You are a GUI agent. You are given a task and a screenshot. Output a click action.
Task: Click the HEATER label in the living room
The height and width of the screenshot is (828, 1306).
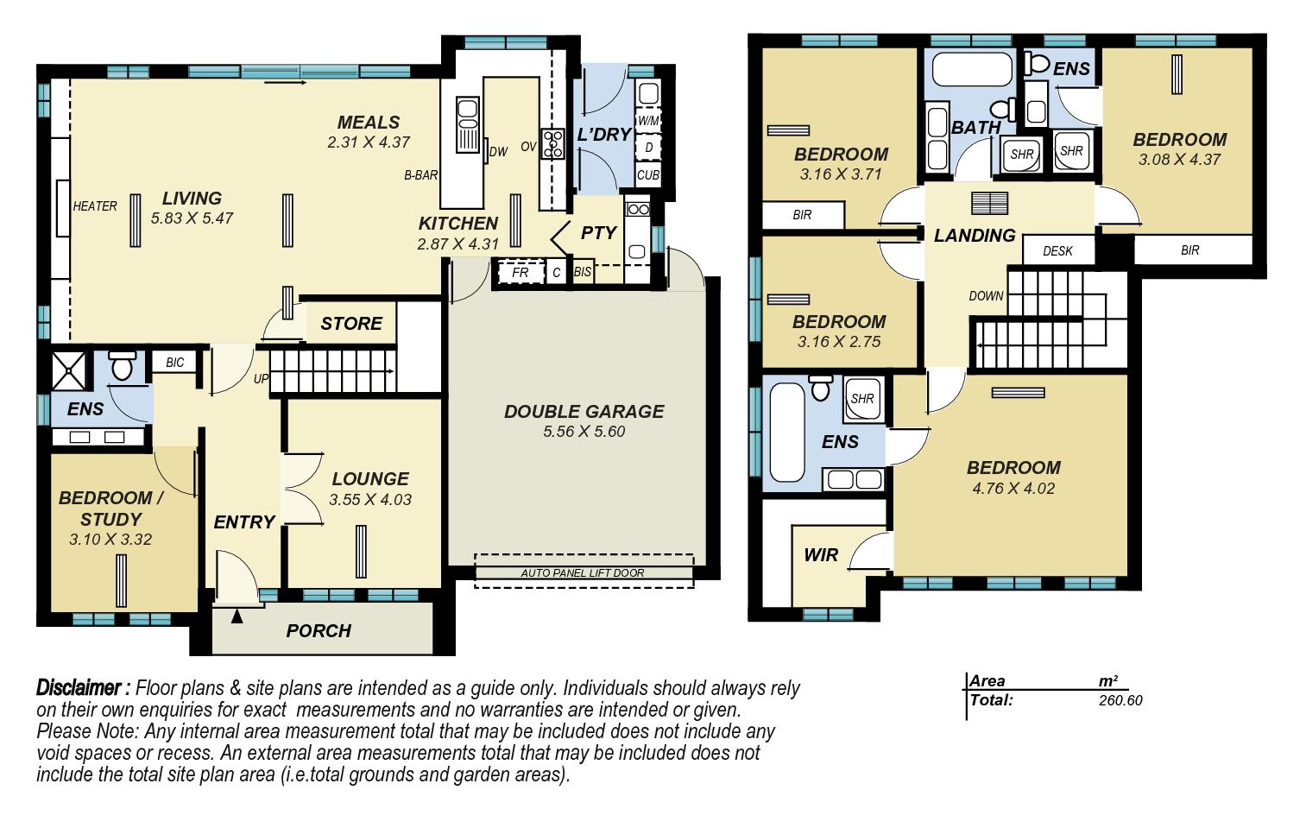tap(95, 205)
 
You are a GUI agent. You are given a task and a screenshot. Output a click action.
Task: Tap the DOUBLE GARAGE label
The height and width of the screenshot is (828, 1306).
tap(584, 411)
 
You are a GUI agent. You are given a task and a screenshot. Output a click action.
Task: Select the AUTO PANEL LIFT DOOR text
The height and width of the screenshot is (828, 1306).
tap(583, 573)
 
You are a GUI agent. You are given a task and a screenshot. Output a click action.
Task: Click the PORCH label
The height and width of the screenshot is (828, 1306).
tap(319, 630)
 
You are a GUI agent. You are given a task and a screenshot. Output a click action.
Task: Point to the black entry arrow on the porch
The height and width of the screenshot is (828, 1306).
tap(237, 616)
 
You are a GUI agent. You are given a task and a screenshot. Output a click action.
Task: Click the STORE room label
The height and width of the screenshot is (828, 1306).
tap(351, 323)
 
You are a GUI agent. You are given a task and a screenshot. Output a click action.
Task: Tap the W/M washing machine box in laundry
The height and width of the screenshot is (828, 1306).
tap(648, 121)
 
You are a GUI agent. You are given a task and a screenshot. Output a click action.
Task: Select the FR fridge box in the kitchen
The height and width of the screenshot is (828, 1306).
tap(520, 272)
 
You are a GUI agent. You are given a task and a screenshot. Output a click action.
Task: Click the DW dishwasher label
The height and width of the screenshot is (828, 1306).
tap(499, 152)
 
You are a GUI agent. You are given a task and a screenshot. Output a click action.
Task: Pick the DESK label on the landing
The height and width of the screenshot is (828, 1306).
tap(1057, 250)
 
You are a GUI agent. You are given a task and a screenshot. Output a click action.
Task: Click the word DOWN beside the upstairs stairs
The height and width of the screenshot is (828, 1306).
tap(986, 295)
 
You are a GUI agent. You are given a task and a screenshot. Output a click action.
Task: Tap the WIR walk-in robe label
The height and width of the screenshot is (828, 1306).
tap(821, 554)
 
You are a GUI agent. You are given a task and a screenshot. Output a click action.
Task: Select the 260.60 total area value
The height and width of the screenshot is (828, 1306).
tap(1120, 700)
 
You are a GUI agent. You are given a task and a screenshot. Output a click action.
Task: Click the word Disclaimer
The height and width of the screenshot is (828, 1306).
tap(79, 687)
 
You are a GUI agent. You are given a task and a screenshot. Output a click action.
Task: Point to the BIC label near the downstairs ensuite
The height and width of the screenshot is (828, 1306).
tap(175, 362)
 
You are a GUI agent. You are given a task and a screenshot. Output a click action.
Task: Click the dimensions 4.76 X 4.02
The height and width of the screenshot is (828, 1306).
tap(1013, 488)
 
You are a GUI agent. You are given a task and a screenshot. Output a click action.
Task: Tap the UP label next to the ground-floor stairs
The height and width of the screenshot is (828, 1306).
tap(261, 378)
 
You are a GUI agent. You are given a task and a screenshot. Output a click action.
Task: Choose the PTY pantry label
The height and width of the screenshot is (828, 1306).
tap(598, 232)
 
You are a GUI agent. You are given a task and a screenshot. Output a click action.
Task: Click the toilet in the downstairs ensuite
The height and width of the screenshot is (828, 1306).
tap(122, 365)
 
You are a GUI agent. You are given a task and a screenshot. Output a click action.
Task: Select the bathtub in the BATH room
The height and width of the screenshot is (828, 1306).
tap(972, 69)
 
